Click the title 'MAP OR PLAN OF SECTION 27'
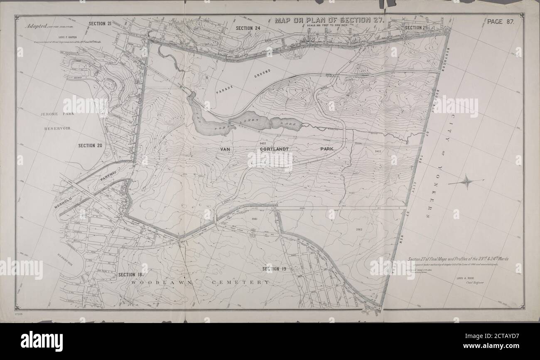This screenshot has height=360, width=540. [330, 20]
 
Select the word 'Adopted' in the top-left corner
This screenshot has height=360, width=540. [36, 26]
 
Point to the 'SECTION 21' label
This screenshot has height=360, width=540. [100, 24]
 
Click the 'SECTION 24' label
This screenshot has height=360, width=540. [248, 28]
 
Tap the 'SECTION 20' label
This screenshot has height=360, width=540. [90, 145]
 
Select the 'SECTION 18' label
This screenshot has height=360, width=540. [130, 275]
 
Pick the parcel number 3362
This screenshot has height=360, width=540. [359, 229]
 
